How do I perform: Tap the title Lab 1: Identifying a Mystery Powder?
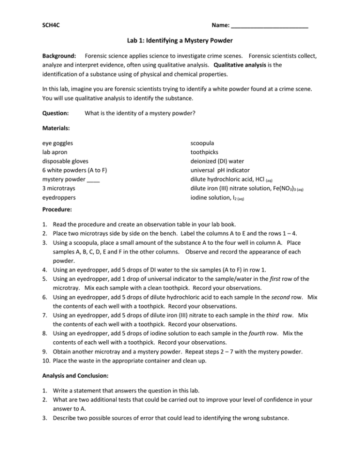coord(180,40)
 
